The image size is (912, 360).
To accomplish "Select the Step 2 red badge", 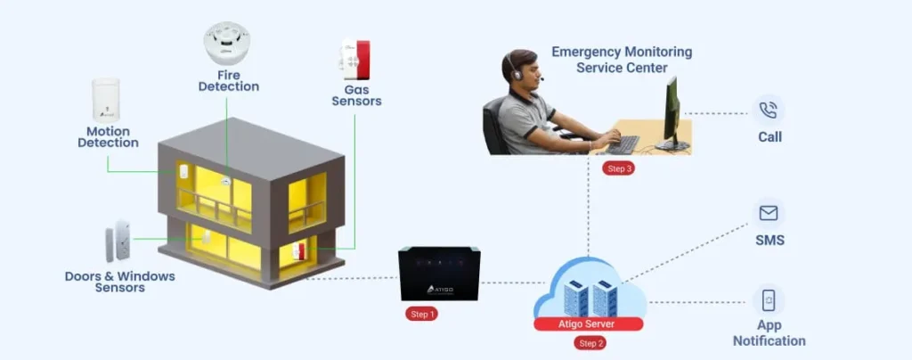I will (590, 342).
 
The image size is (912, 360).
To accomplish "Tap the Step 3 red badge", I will (618, 168).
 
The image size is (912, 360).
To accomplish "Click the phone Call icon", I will (768, 110).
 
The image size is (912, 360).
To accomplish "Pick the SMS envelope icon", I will (768, 213).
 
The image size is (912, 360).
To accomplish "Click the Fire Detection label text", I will (228, 81).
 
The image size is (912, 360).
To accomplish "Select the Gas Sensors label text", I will (356, 95).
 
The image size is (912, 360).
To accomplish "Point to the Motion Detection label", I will (108, 136).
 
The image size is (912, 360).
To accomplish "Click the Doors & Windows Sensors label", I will (120, 282).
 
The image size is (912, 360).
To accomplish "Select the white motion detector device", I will (105, 100).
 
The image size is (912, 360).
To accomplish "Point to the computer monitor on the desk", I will (672, 113).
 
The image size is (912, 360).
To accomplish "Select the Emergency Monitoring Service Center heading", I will (622, 60).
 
